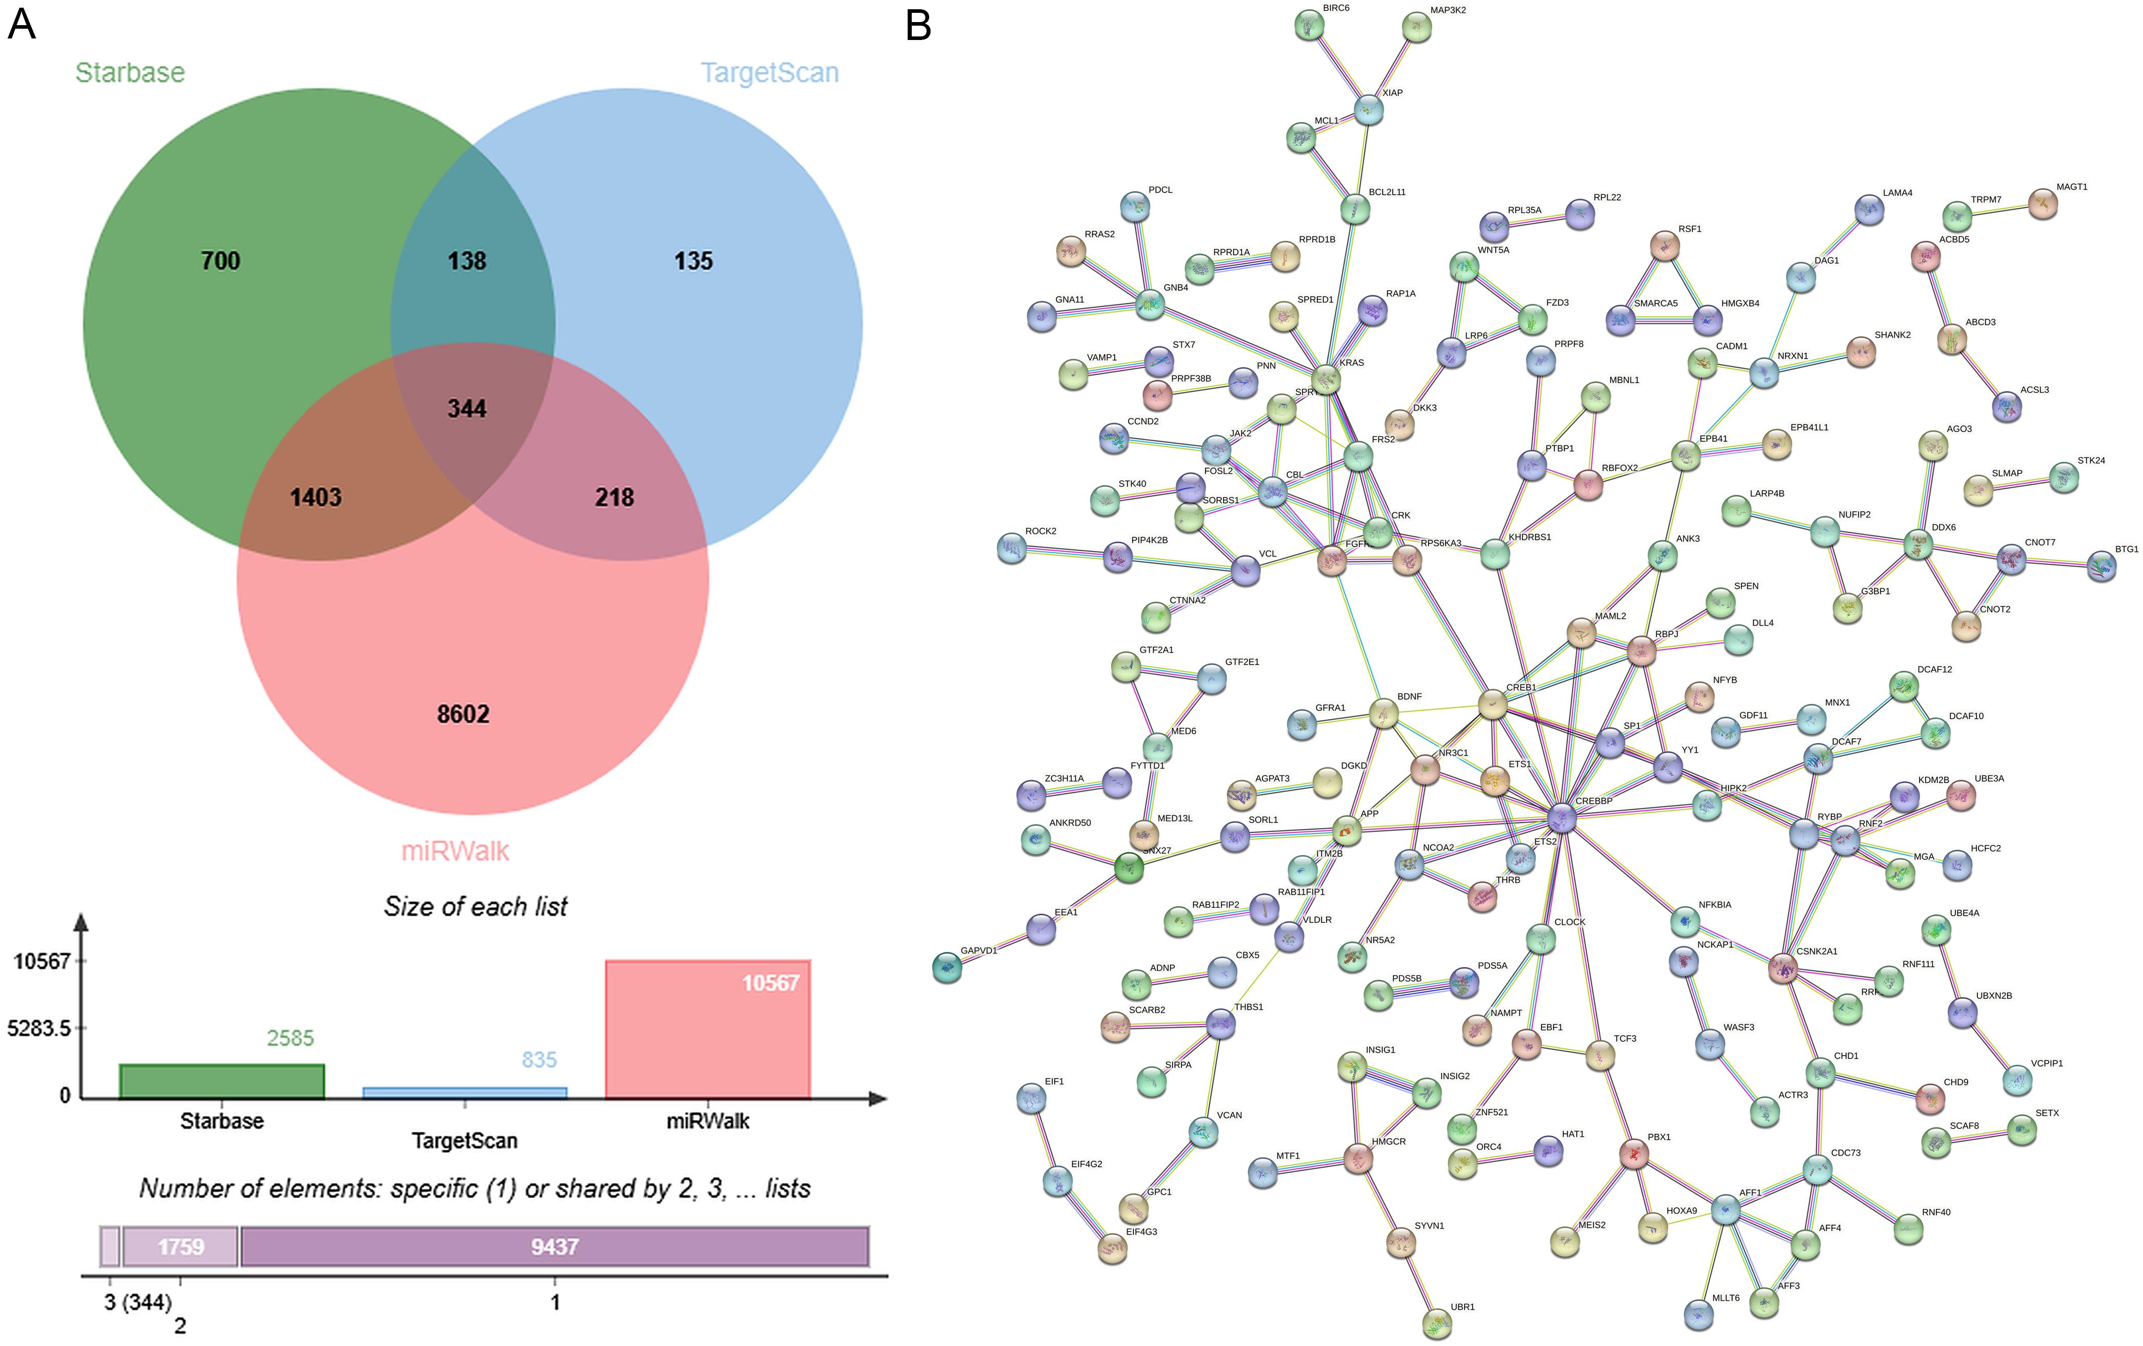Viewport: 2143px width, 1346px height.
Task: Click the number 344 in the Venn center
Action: coord(466,409)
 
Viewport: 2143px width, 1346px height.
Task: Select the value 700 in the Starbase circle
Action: coord(220,261)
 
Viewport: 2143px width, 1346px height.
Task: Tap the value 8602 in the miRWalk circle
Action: coord(463,714)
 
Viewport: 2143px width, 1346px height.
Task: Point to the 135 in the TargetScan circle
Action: coord(693,261)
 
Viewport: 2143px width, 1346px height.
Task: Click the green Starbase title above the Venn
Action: coord(130,72)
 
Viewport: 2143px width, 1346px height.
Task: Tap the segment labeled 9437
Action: coord(554,1246)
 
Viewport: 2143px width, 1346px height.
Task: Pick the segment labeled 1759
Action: coord(181,1246)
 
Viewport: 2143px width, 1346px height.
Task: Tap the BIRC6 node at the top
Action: coord(1309,25)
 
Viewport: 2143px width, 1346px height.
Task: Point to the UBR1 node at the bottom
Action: coord(1436,1323)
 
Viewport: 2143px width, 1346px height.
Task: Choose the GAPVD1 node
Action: coord(947,967)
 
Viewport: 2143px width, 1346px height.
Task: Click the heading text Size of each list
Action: coord(475,906)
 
